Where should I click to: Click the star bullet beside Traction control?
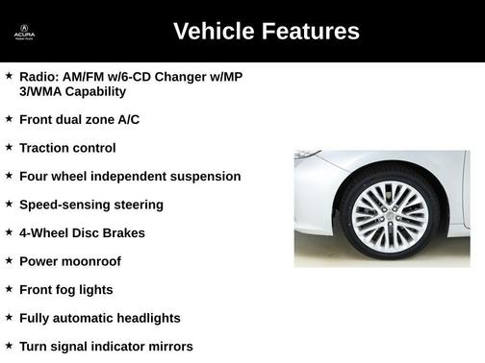pos(9,147)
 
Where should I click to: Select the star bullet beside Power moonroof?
pos(9,260)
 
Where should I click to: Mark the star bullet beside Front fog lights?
pos(9,289)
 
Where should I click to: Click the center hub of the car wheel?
pos(389,212)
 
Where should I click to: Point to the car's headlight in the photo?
pos(307,155)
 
